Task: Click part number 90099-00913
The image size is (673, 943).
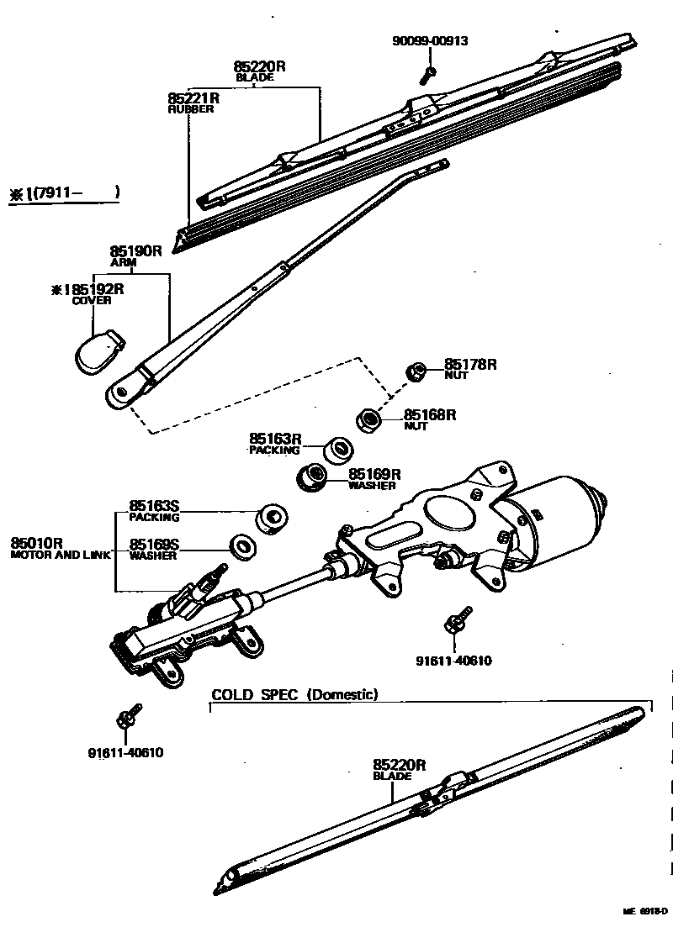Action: [429, 40]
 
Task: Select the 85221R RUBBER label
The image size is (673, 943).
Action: [193, 103]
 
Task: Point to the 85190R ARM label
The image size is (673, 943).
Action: [135, 256]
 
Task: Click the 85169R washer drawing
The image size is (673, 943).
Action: [314, 477]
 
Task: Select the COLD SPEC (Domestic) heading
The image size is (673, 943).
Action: [294, 694]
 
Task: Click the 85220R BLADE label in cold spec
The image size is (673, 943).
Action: [399, 769]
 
